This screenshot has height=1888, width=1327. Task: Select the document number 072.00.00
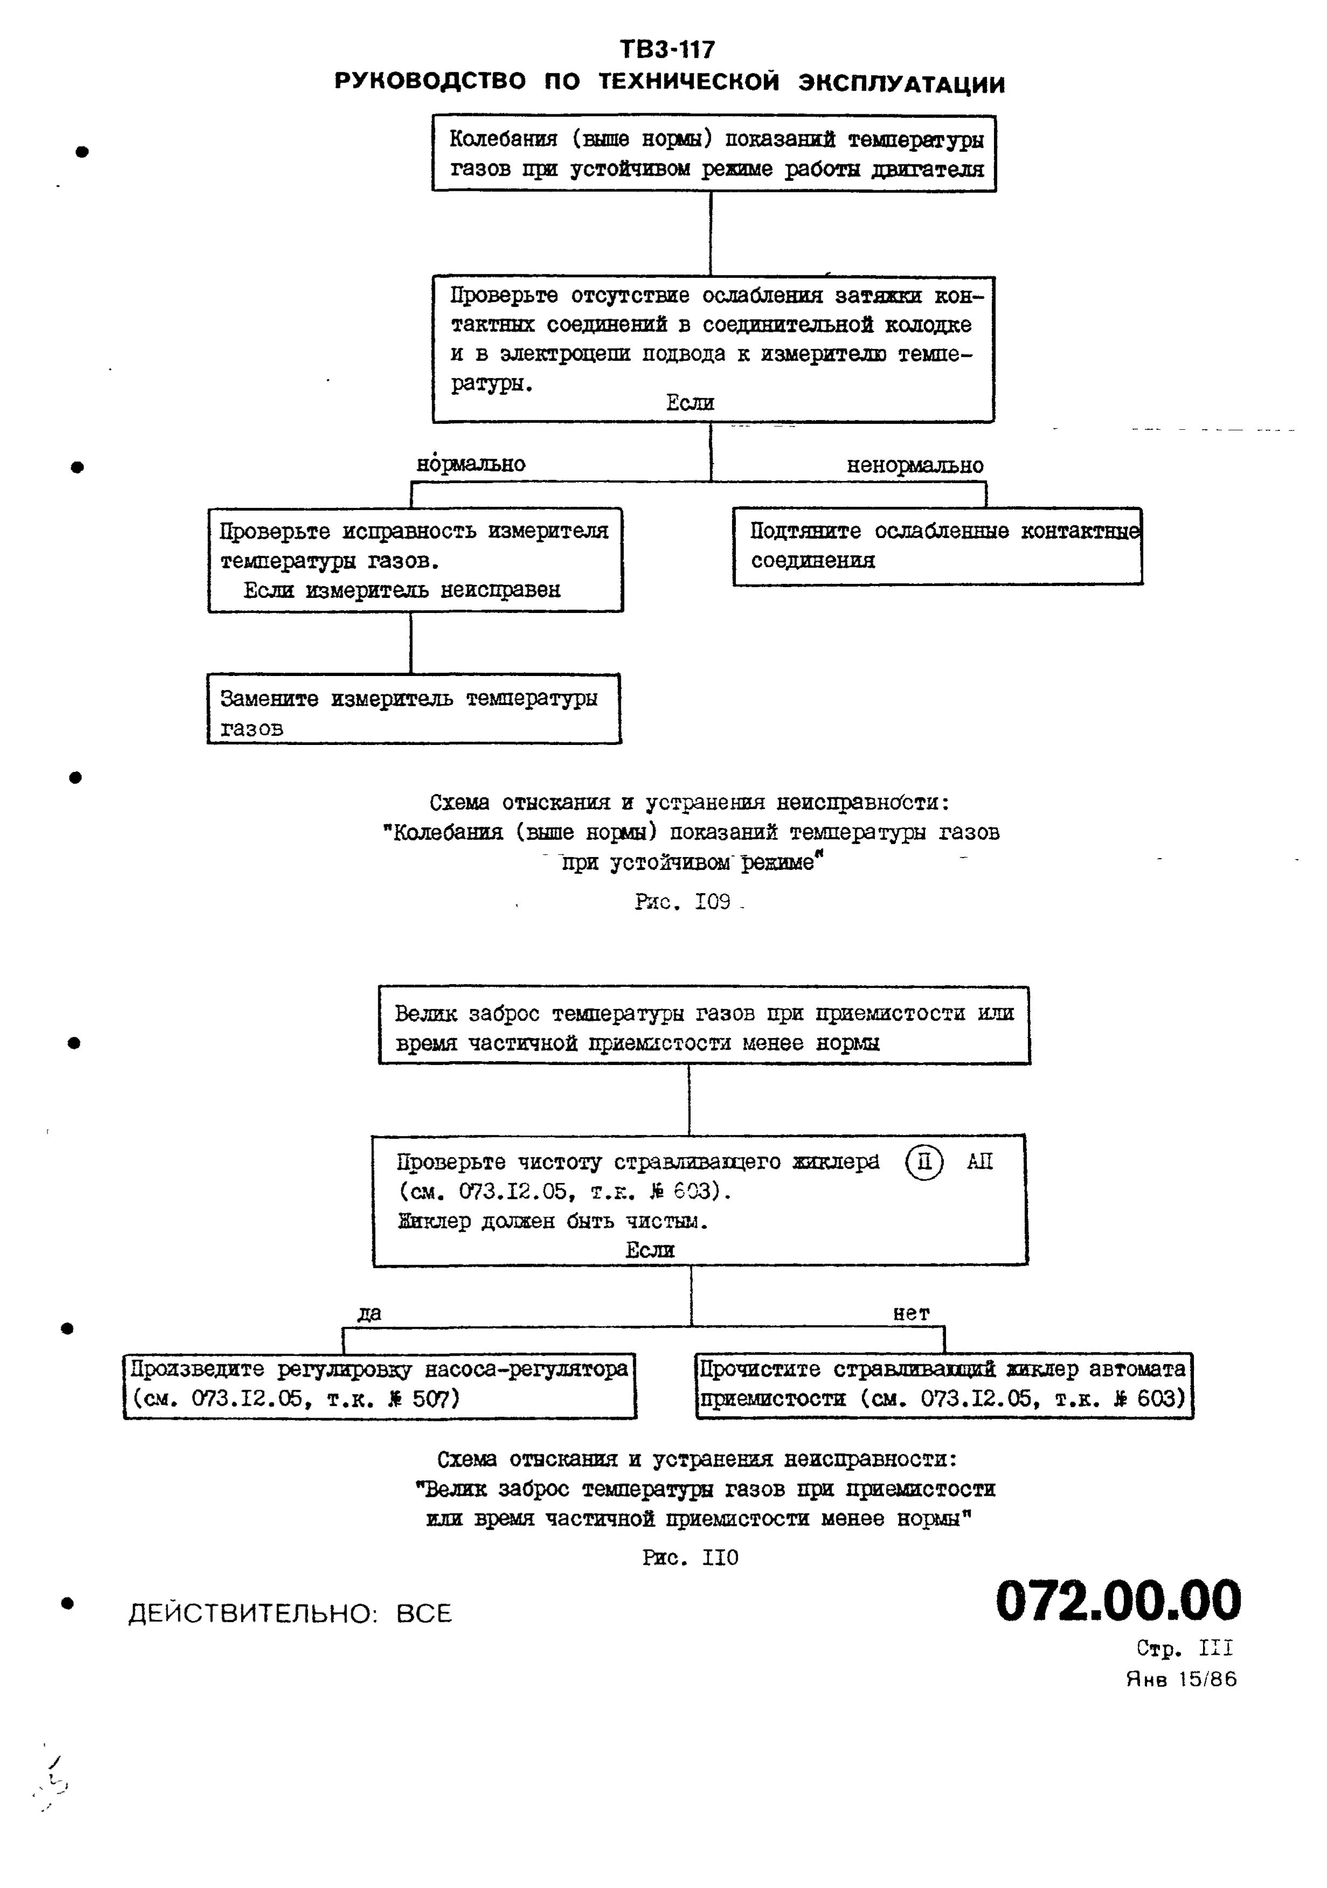point(1117,1600)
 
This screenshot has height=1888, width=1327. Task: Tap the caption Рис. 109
point(683,902)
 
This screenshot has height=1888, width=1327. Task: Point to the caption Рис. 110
point(690,1557)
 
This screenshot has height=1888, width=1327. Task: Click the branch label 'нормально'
point(470,464)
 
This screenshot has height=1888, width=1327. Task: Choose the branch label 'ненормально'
point(915,465)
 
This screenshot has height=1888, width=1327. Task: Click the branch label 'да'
point(370,1313)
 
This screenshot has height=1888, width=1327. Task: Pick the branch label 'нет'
point(912,1313)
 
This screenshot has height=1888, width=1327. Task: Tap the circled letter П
point(924,1163)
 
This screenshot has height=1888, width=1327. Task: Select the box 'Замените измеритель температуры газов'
point(414,709)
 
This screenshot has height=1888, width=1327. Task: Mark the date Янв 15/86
point(1180,1679)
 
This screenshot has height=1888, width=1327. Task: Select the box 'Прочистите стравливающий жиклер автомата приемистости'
point(943,1385)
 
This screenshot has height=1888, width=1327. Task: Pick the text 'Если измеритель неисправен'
point(401,590)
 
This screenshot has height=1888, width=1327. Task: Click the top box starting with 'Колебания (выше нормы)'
point(714,154)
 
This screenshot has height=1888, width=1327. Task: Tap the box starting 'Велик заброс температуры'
point(704,1026)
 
